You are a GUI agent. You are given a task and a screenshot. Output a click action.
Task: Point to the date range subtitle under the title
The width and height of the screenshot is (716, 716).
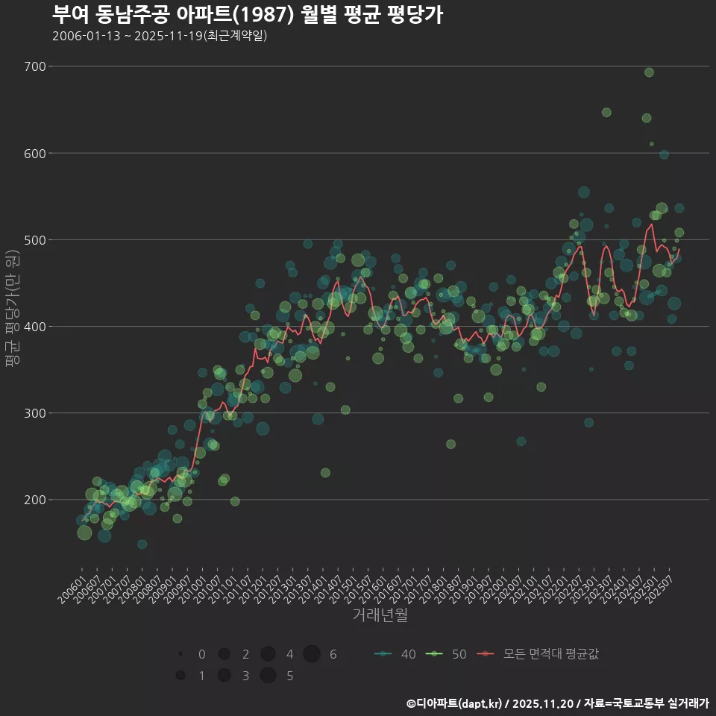[x=160, y=36]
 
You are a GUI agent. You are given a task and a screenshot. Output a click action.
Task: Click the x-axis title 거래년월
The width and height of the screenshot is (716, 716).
[x=380, y=615]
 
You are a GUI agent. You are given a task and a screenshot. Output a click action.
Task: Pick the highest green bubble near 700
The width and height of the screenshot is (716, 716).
[x=649, y=72]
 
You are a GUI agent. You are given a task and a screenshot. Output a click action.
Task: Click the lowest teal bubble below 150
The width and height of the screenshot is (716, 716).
[x=142, y=544]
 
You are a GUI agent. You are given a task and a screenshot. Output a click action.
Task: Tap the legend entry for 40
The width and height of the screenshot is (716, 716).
[x=395, y=654]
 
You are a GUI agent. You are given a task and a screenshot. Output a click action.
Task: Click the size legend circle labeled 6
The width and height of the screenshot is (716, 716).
[x=312, y=654]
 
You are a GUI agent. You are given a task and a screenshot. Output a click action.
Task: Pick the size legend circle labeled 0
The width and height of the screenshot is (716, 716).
[x=180, y=654]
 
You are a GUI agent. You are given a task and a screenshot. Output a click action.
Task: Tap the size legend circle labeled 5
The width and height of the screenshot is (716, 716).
[x=268, y=676]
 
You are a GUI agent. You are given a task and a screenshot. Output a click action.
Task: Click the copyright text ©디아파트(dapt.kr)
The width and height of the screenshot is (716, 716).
[x=455, y=703]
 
